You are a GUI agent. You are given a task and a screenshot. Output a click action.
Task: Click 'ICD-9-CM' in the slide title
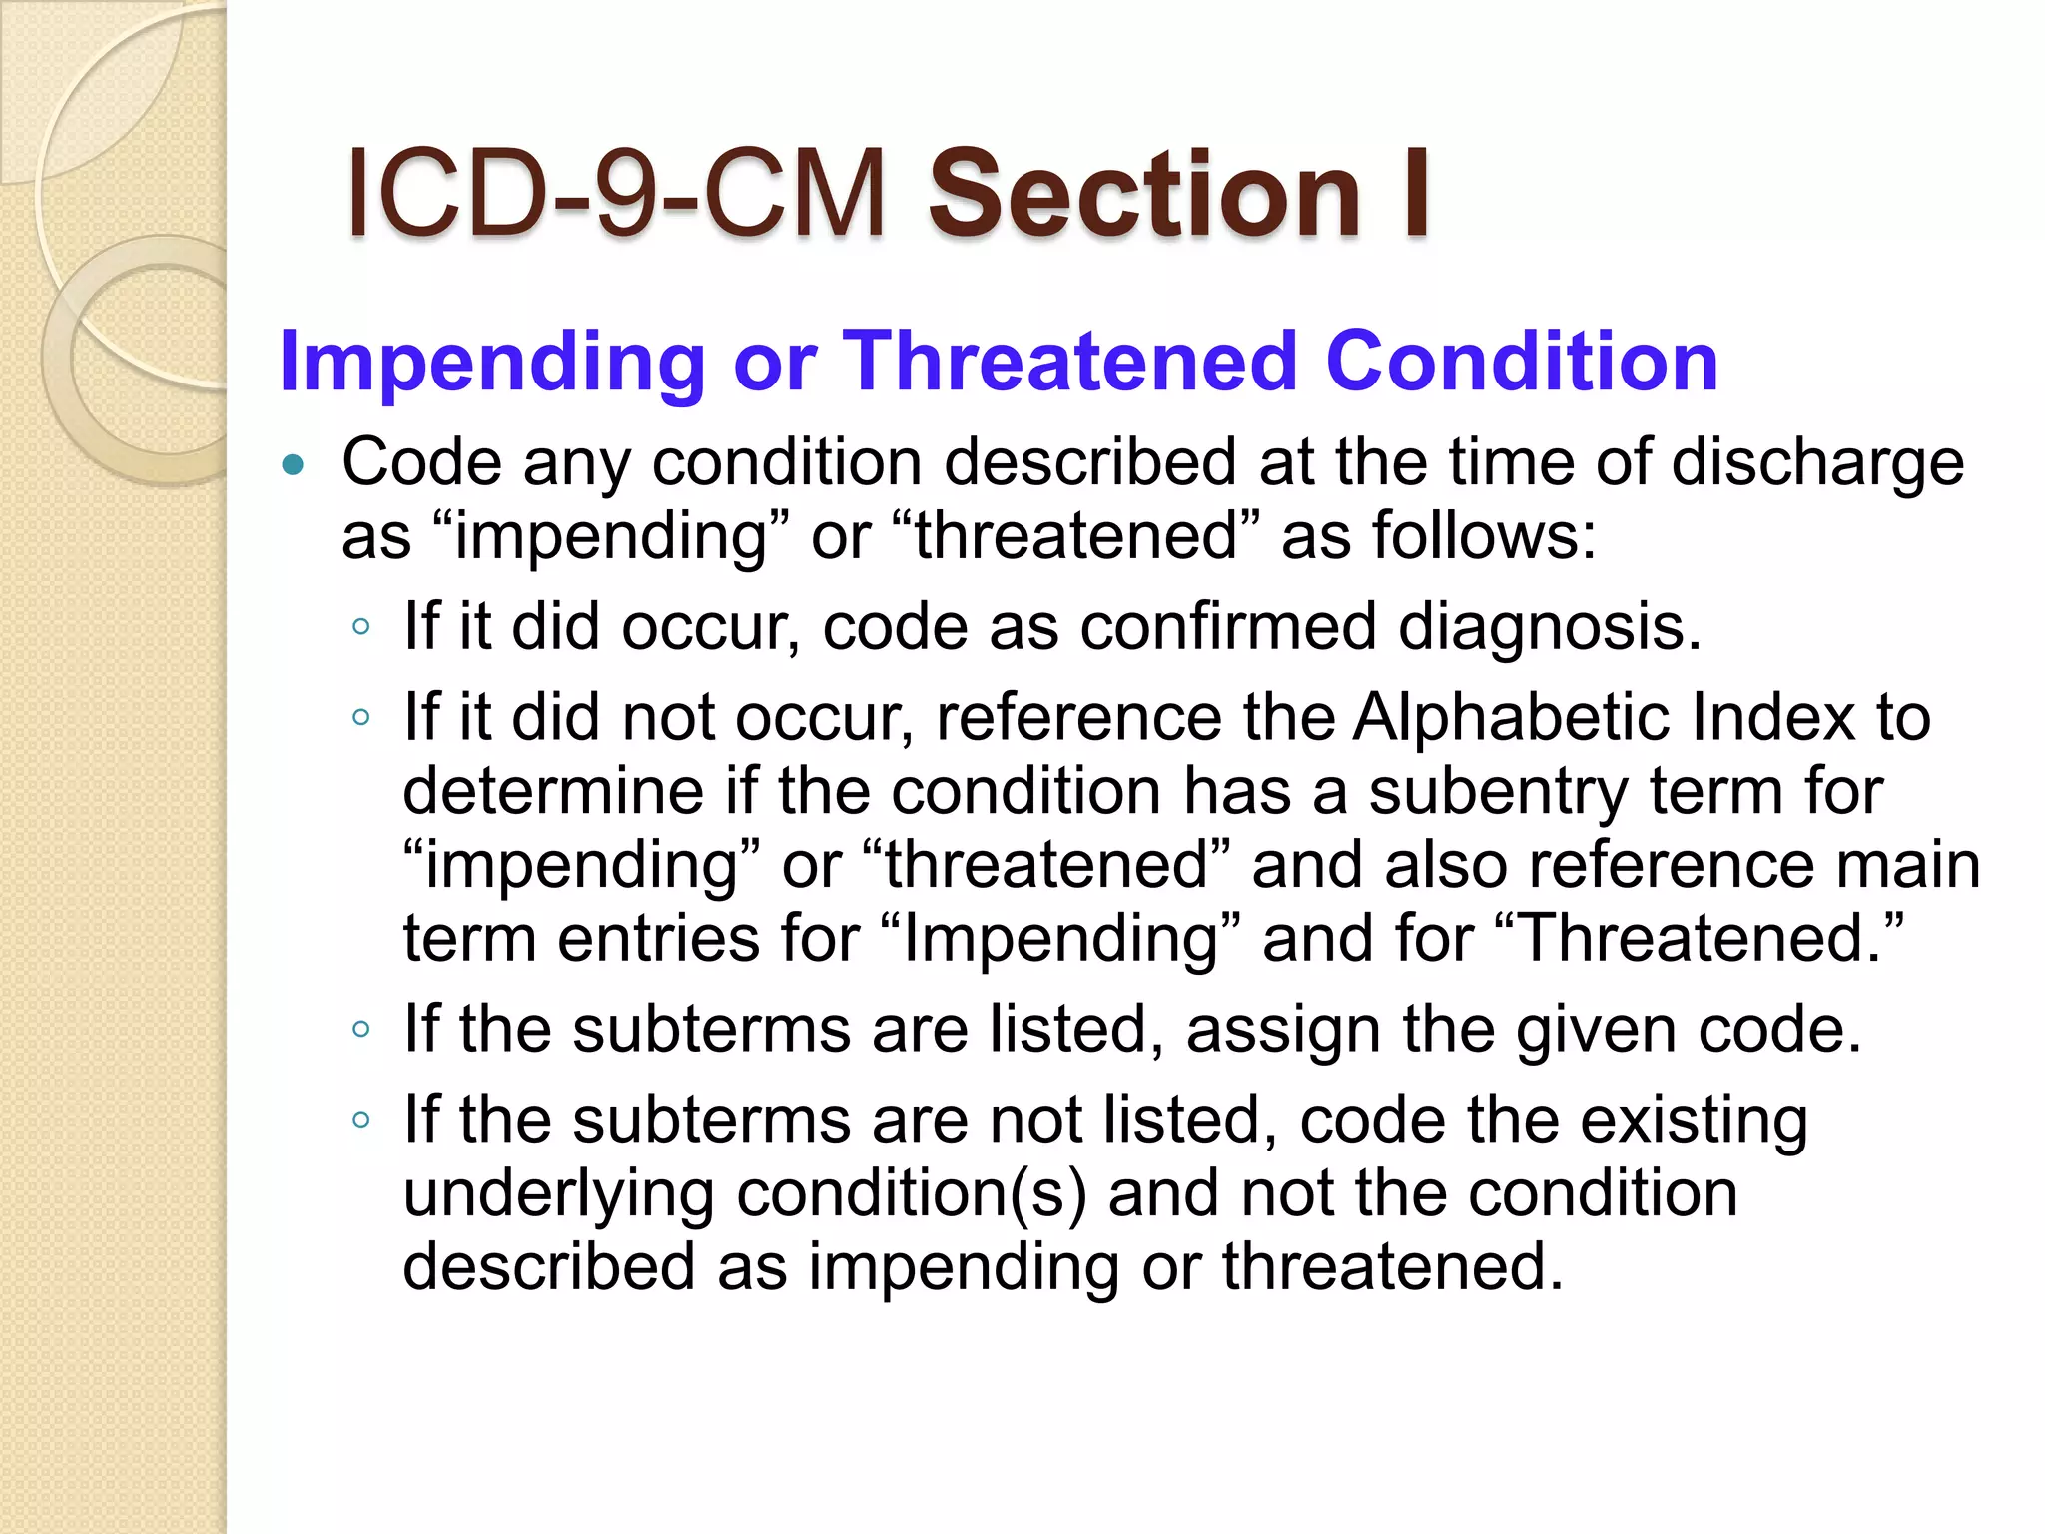(x=616, y=194)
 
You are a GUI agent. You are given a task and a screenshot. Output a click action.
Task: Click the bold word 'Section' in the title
(x=1144, y=194)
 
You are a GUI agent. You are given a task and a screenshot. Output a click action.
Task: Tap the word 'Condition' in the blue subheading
(x=1521, y=362)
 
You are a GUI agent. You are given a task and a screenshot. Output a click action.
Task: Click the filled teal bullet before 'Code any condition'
(x=293, y=464)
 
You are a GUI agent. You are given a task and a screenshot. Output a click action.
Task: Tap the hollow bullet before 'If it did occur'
(x=361, y=628)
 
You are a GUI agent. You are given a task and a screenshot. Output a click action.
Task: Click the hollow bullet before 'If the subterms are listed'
(x=361, y=1030)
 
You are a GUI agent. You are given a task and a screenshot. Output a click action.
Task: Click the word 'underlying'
(x=559, y=1195)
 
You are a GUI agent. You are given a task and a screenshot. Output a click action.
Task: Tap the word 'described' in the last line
(x=548, y=1266)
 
